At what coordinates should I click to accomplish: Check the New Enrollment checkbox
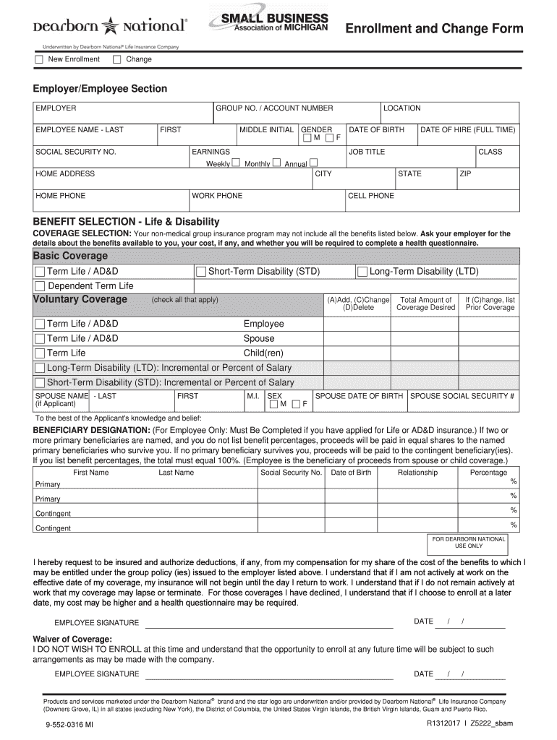39,59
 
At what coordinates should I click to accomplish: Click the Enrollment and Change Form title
433,29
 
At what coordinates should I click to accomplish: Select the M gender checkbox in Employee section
307,138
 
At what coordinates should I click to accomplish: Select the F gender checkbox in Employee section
329,138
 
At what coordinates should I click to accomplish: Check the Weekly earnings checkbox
235,163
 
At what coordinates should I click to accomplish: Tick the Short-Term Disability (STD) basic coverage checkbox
201,272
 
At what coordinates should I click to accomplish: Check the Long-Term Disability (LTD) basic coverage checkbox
362,272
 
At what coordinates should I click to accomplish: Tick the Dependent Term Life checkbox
40,286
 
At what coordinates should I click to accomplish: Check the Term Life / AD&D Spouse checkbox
40,339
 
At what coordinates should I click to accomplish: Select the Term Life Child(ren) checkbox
40,353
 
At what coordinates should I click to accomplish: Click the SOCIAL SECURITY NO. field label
76,152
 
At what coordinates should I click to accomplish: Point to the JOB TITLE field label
367,152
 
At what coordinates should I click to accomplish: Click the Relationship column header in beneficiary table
417,473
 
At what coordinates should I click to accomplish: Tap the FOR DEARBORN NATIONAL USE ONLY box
468,542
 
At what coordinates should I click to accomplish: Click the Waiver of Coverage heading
72,640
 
